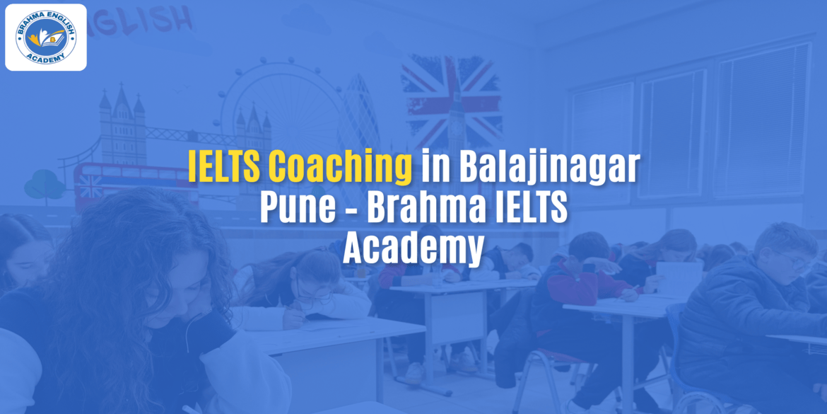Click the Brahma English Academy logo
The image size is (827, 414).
46,37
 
